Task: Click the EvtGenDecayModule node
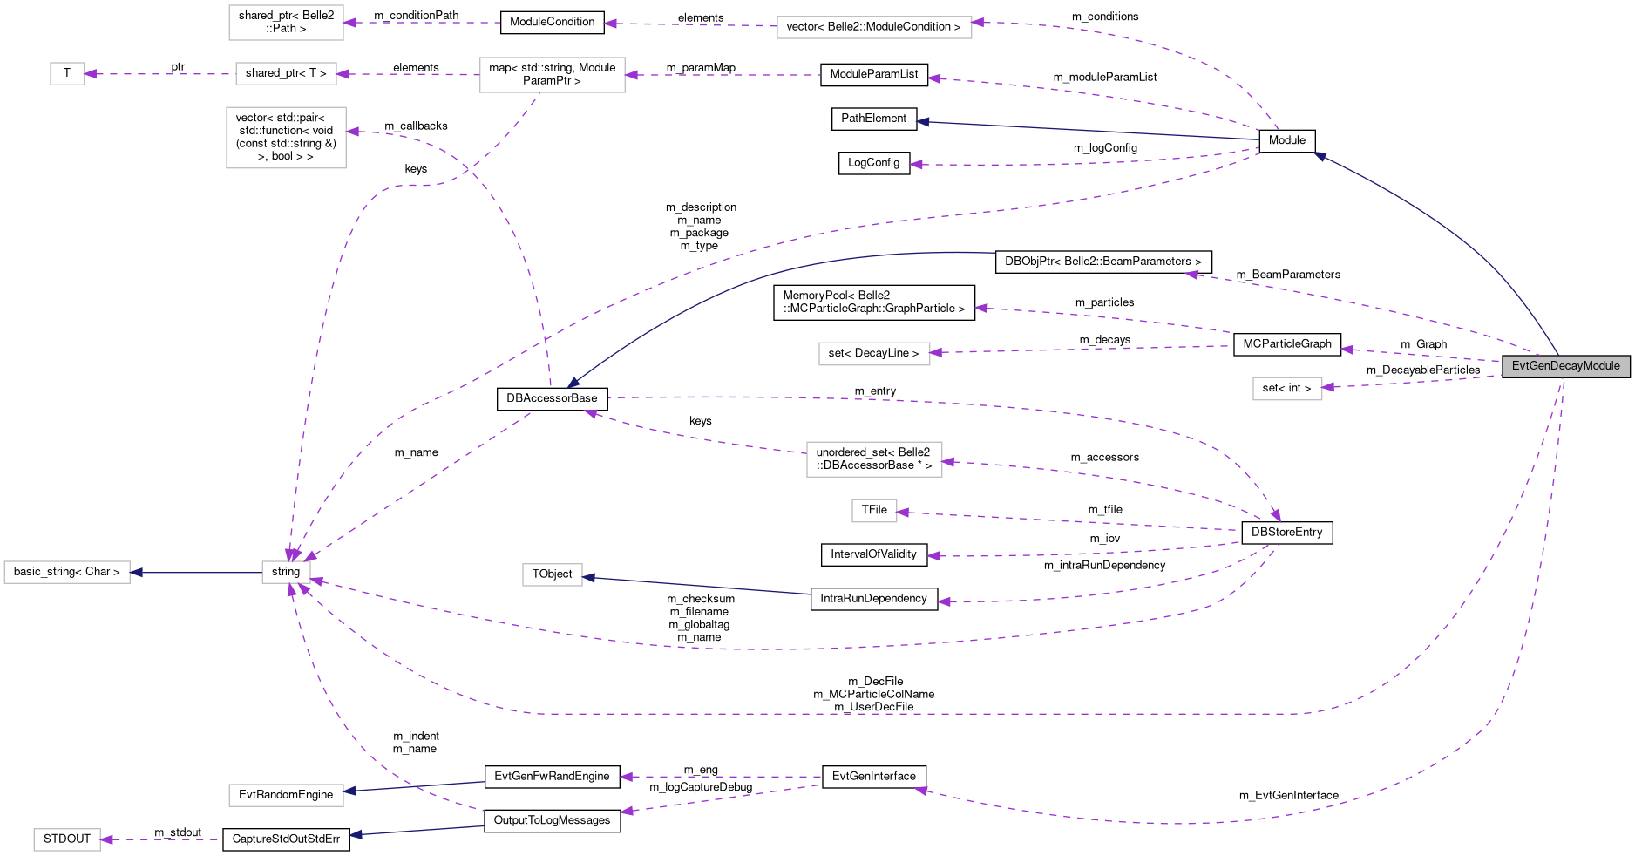pyautogui.click(x=1565, y=366)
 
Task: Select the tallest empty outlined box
pyautogui.click(x=286, y=138)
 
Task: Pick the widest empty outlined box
pyautogui.click(x=874, y=27)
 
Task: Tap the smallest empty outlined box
pyautogui.click(x=67, y=74)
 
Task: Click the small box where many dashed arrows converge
pyautogui.click(x=286, y=572)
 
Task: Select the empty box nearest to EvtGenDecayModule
pyautogui.click(x=1287, y=389)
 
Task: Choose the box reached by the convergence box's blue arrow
pyautogui.click(x=67, y=572)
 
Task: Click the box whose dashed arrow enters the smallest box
pyautogui.click(x=286, y=74)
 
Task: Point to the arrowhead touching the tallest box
pyautogui.click(x=352, y=132)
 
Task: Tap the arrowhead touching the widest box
pyautogui.click(x=978, y=23)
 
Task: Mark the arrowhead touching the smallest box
pyautogui.click(x=90, y=74)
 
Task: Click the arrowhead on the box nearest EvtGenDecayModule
pyautogui.click(x=1328, y=387)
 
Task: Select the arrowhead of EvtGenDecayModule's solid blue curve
pyautogui.click(x=1319, y=156)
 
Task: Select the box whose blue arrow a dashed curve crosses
pyautogui.click(x=286, y=795)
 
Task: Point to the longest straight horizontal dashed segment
pyautogui.click(x=915, y=714)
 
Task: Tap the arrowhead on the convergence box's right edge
pyautogui.click(x=316, y=581)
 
